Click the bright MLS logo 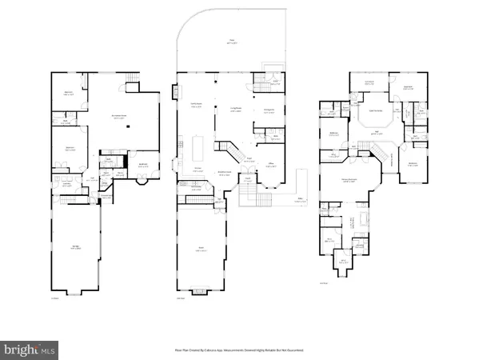click(x=29, y=348)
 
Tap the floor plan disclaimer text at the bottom click(x=239, y=350)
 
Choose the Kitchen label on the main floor click(x=194, y=168)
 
